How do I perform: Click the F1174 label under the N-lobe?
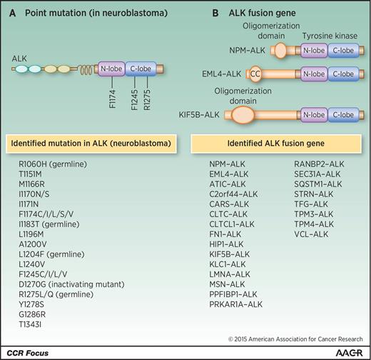click(112, 99)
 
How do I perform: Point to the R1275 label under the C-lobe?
click(147, 100)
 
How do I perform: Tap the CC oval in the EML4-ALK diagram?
click(255, 74)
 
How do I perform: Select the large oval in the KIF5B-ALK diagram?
click(243, 115)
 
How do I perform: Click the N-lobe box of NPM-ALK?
click(314, 51)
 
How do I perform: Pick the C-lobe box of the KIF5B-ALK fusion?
click(343, 115)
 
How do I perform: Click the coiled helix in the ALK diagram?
click(86, 70)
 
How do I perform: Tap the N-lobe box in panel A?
click(111, 69)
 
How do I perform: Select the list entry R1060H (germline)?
click(53, 164)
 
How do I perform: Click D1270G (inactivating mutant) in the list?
click(71, 284)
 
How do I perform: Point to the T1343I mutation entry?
click(30, 324)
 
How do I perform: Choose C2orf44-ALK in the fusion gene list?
click(233, 194)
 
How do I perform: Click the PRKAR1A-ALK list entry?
click(236, 304)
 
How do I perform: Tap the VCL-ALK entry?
click(311, 234)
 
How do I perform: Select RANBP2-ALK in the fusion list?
click(319, 164)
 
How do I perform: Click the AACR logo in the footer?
click(350, 353)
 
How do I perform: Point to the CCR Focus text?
click(28, 353)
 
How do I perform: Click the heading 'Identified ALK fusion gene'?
click(276, 144)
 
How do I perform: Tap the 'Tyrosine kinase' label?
click(330, 36)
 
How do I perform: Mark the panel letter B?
click(215, 13)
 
